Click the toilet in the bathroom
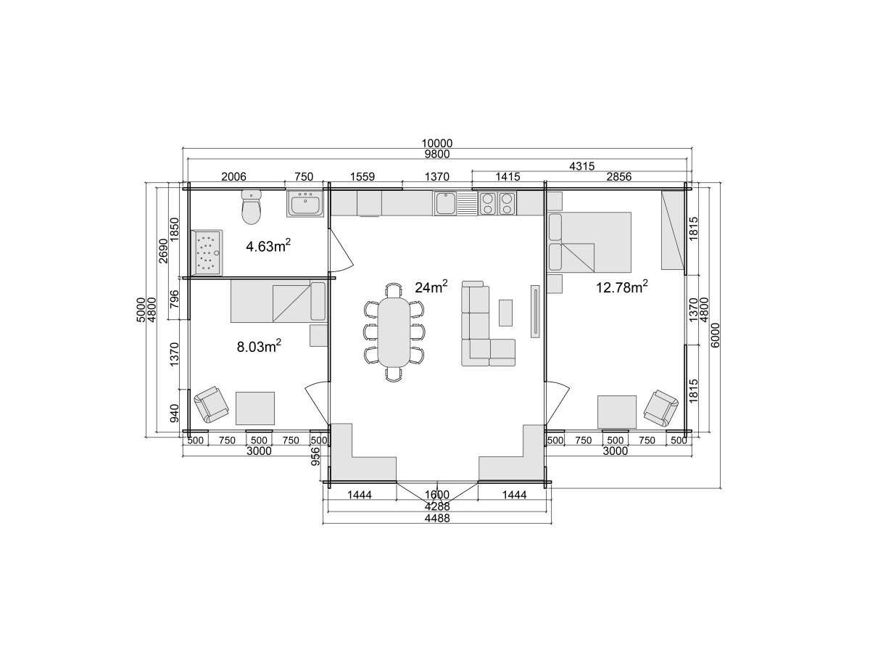[252, 206]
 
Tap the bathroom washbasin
[305, 203]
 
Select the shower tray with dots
[206, 252]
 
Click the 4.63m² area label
[268, 246]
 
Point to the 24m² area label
[431, 287]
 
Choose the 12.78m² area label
[622, 287]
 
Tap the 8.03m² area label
[260, 346]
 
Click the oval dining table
[394, 332]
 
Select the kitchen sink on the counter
[445, 203]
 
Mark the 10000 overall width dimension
[436, 143]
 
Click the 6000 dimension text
[715, 335]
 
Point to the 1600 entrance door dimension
[436, 494]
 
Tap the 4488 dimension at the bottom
[436, 518]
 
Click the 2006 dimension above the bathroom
[233, 176]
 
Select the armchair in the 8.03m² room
[211, 404]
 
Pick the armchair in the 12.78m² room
[660, 408]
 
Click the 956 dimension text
[315, 456]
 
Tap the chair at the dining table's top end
[394, 289]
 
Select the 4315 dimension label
[582, 166]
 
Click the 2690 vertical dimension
[163, 250]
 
